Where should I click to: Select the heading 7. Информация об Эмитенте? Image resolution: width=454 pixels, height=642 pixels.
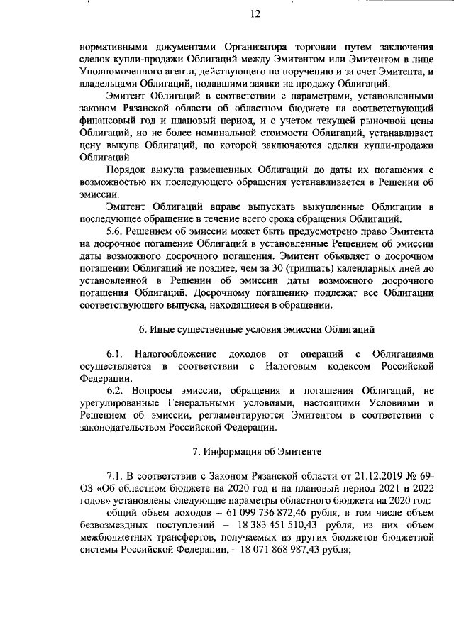click(x=255, y=451)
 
